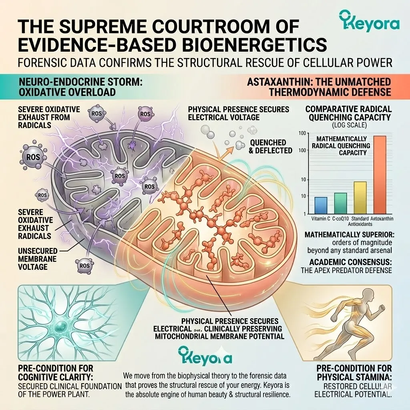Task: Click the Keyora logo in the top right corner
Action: coord(369,21)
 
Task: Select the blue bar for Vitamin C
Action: coord(321,205)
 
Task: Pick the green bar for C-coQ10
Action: coord(340,203)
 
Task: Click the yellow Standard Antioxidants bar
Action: coord(360,198)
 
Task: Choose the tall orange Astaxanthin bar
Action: coord(380,175)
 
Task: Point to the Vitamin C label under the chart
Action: coord(321,219)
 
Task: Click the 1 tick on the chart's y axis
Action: coord(305,214)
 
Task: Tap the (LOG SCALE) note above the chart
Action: coord(349,125)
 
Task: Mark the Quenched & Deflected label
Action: coord(270,147)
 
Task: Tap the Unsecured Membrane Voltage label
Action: coord(38,259)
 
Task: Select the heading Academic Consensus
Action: coord(350,262)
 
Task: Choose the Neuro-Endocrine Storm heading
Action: coord(80,82)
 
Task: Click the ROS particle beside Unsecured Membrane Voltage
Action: coord(84,266)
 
